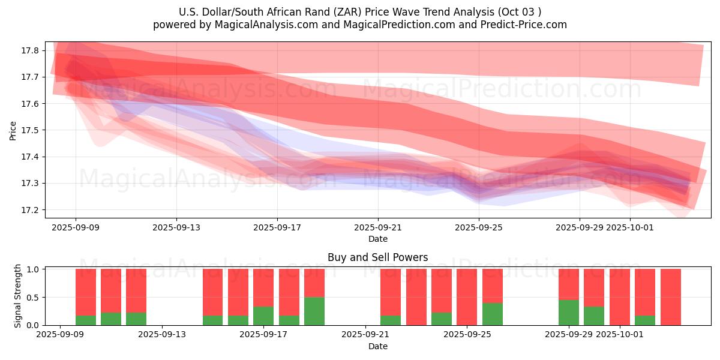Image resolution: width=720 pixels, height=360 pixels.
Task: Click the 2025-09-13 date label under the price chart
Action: point(176,227)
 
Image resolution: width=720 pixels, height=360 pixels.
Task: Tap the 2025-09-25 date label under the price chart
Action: point(478,227)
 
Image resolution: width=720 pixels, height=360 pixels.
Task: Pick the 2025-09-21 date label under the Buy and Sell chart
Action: point(365,335)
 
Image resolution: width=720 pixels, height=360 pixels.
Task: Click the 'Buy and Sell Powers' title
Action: point(377,257)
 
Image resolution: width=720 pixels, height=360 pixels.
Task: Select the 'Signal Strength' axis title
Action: point(18,296)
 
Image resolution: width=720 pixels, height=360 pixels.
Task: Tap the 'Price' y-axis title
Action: point(13,130)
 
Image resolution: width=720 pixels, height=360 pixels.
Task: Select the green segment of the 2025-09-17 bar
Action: point(263,316)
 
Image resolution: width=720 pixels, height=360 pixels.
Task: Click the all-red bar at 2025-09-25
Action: point(467,297)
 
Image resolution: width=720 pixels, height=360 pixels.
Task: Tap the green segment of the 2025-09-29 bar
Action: point(569,313)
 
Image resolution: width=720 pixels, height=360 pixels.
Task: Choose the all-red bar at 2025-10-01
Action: point(620,297)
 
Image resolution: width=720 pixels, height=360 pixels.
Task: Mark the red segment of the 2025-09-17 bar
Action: point(263,288)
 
